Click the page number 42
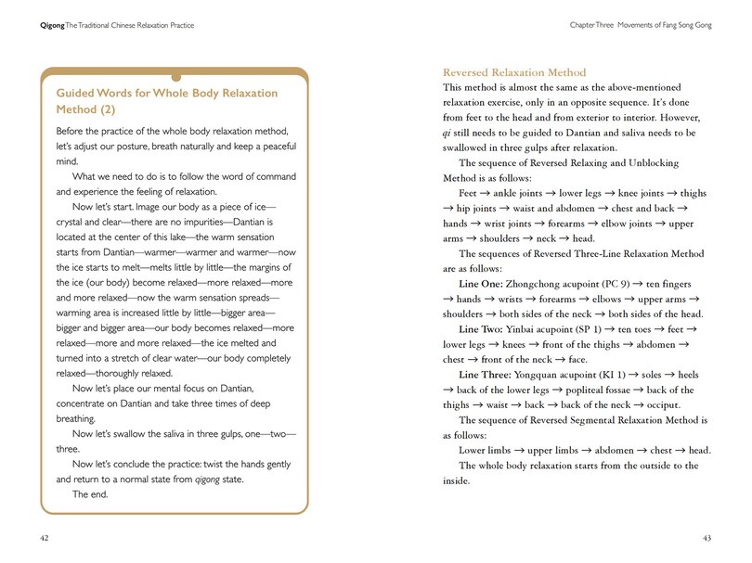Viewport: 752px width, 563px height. [45, 538]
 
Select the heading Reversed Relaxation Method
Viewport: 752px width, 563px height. [514, 72]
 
